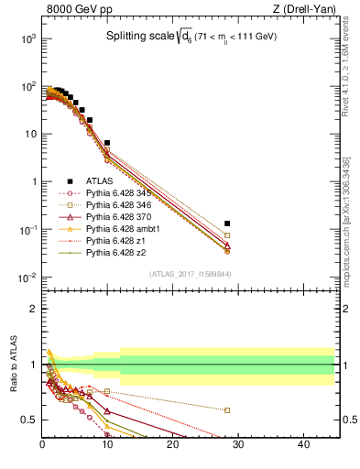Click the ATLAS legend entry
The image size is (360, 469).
(x=101, y=181)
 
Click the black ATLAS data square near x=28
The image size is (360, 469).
(x=227, y=224)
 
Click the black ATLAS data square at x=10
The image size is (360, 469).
(x=107, y=143)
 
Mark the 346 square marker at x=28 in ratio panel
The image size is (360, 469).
(x=227, y=410)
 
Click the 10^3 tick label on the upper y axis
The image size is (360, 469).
(x=27, y=39)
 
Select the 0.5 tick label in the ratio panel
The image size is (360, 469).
(x=27, y=420)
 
